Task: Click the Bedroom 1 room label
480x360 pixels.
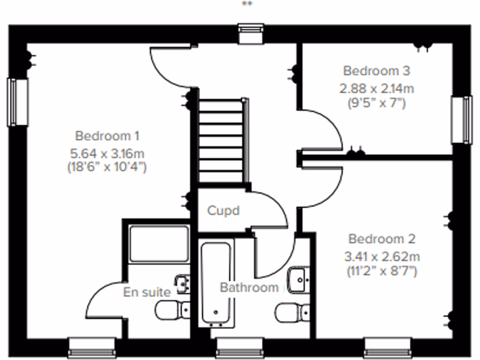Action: pos(107,136)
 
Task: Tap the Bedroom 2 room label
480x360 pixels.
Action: pos(382,239)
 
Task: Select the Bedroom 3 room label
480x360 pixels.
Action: pos(376,71)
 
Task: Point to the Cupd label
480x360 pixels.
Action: pos(223,210)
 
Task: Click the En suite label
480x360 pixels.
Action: pos(147,292)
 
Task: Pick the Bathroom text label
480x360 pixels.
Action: pos(249,287)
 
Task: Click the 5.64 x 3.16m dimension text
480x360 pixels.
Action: pos(107,152)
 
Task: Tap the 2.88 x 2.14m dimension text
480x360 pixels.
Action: pos(377,88)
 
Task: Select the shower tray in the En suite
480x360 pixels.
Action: pos(159,243)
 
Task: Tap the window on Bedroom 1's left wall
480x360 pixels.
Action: pos(18,102)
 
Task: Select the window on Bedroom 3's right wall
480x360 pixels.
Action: pos(461,120)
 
